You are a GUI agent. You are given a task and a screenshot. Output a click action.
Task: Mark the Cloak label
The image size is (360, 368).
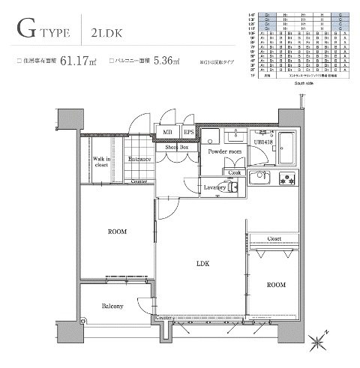(235, 172)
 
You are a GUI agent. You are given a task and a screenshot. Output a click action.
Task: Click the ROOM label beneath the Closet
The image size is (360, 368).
(275, 286)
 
